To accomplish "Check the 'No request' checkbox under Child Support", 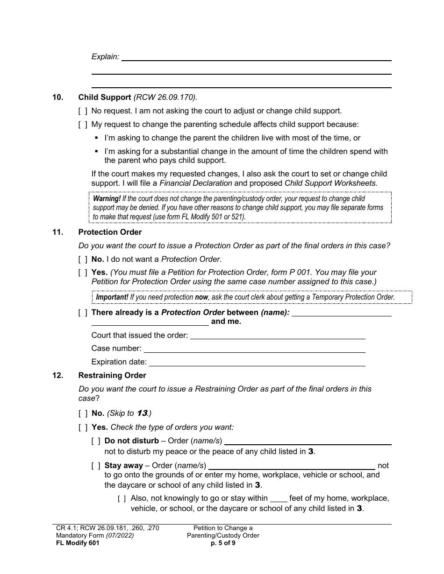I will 83,111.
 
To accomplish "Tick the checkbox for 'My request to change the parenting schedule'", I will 83,125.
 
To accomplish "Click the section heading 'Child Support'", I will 105,98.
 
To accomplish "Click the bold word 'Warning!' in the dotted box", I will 107,199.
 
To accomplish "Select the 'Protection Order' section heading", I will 110,232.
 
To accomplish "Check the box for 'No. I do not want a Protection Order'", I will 83,259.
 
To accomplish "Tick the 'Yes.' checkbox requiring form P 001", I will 83,272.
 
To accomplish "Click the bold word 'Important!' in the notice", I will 112,297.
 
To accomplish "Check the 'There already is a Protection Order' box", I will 83,313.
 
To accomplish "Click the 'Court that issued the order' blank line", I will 278,336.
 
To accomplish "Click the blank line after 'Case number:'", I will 254,349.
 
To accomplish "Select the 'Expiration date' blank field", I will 257,362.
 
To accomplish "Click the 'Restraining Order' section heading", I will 112,375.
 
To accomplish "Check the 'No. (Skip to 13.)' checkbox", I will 83,413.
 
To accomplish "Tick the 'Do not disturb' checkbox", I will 96,441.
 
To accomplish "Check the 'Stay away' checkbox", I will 96,465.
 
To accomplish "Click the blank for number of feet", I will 279,498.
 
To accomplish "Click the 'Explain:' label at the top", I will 105,56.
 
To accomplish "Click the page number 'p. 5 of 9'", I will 223,543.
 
